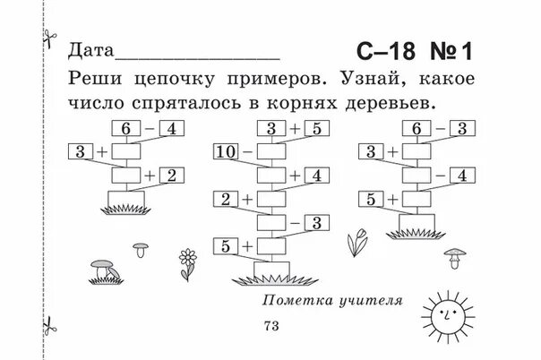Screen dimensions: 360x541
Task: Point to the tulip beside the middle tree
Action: (356, 240)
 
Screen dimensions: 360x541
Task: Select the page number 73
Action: (271, 325)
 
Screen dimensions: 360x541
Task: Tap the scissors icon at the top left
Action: (47, 38)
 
